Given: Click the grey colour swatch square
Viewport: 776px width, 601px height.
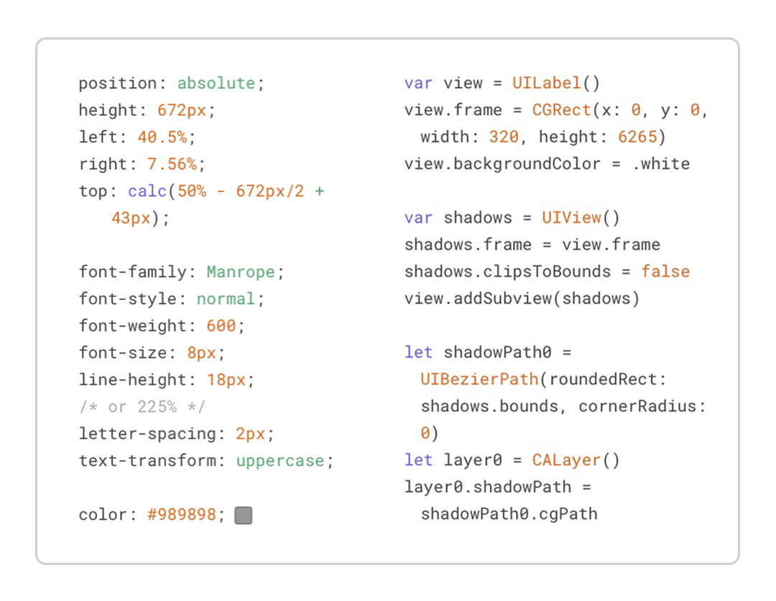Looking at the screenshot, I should (x=244, y=515).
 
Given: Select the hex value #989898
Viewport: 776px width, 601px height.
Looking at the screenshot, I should (x=182, y=515).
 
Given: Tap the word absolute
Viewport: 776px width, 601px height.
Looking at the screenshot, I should (x=216, y=83).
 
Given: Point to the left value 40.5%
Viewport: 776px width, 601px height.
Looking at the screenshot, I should (x=162, y=137).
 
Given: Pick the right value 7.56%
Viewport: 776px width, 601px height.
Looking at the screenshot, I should (x=172, y=165).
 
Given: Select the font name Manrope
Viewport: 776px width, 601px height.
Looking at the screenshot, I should (x=241, y=272).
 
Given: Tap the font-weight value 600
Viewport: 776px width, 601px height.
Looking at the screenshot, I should (x=221, y=326).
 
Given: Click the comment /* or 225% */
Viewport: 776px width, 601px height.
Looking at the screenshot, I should (x=142, y=407).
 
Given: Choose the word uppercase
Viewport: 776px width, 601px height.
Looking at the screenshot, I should (x=280, y=461).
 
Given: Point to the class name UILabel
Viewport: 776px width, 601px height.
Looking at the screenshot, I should (x=546, y=83).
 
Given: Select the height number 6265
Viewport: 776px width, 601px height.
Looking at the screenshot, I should (x=637, y=137).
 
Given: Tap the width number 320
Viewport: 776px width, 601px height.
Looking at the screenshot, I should (x=504, y=137).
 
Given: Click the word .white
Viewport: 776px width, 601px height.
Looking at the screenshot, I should (x=661, y=164).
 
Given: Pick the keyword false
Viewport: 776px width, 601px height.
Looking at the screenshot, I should (x=665, y=272).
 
